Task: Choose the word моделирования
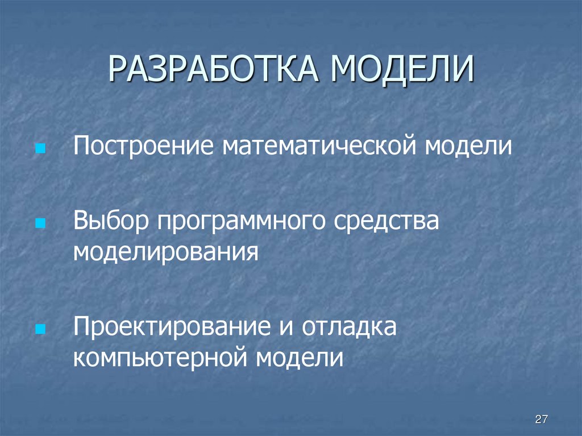coord(165,251)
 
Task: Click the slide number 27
coord(541,420)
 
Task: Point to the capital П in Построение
coord(80,147)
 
